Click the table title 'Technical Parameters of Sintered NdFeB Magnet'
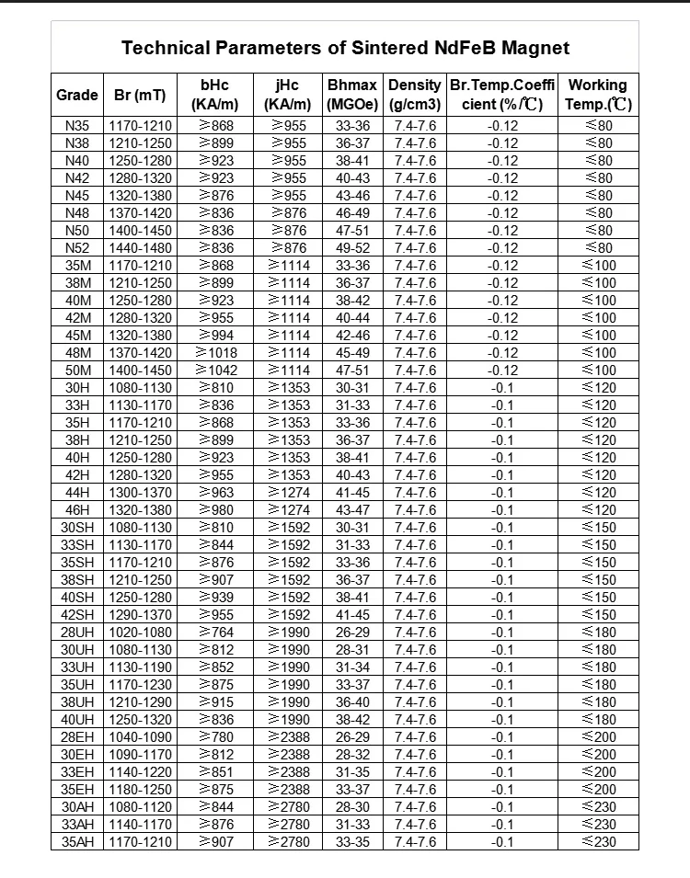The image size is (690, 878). pyautogui.click(x=345, y=48)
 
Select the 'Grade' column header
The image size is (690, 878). pyautogui.click(x=77, y=95)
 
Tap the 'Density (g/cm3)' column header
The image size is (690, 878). pyautogui.click(x=415, y=95)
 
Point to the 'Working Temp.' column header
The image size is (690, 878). pyautogui.click(x=598, y=95)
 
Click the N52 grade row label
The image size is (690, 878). pyautogui.click(x=77, y=248)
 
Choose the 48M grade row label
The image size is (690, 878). pyautogui.click(x=77, y=353)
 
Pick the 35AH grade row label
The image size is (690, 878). pyautogui.click(x=77, y=842)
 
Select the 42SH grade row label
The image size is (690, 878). pyautogui.click(x=77, y=615)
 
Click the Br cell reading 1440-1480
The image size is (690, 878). pyautogui.click(x=140, y=248)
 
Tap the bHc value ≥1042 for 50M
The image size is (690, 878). pyautogui.click(x=214, y=371)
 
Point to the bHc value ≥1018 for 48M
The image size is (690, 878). pyautogui.click(x=214, y=353)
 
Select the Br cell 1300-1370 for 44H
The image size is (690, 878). pyautogui.click(x=140, y=493)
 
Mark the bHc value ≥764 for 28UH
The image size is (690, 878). pyautogui.click(x=214, y=633)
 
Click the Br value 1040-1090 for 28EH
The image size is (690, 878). pyautogui.click(x=140, y=737)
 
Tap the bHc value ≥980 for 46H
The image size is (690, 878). pyautogui.click(x=214, y=510)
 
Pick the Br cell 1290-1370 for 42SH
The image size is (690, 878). pyautogui.click(x=140, y=615)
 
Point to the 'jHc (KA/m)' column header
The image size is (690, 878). pyautogui.click(x=287, y=95)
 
